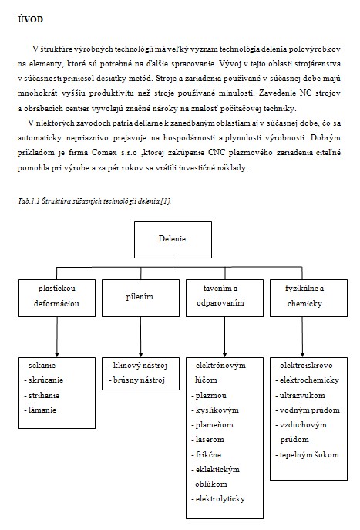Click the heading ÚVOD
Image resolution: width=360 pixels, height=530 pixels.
pyautogui.click(x=30, y=19)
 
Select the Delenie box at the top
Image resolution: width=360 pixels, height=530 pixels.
pyautogui.click(x=173, y=240)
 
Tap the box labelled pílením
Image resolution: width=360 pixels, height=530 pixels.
pyautogui.click(x=140, y=298)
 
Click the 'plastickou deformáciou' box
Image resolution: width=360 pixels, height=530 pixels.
pyautogui.click(x=56, y=298)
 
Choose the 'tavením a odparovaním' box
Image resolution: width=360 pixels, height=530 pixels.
pyautogui.click(x=224, y=298)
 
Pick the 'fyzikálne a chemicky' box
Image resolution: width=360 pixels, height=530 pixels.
pyautogui.click(x=308, y=298)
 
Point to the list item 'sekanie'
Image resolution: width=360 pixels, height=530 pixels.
pyautogui.click(x=40, y=366)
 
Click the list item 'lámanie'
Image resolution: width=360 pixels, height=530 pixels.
pyautogui.click(x=40, y=410)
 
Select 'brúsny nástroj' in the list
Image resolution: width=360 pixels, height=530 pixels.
pyautogui.click(x=136, y=380)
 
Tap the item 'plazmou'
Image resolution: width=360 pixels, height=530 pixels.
pyautogui.click(x=209, y=396)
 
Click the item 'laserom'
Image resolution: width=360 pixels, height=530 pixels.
pyautogui.click(x=207, y=440)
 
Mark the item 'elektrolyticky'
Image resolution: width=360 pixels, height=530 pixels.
pyautogui.click(x=218, y=499)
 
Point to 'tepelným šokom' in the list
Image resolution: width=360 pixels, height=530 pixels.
pyautogui.click(x=307, y=455)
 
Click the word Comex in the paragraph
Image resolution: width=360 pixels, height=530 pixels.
pyautogui.click(x=104, y=153)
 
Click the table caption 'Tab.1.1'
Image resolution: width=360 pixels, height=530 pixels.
pyautogui.click(x=29, y=201)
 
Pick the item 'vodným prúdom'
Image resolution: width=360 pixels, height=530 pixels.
pyautogui.click(x=308, y=410)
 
